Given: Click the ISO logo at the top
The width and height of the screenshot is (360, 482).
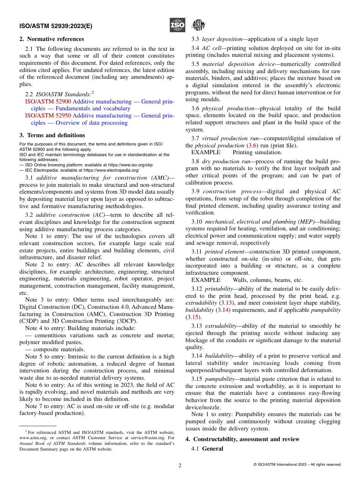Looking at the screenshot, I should (x=177, y=25).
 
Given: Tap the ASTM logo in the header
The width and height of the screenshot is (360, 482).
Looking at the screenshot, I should (x=198, y=25).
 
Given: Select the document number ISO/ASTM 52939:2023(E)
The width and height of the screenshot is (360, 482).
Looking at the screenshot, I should (x=56, y=26).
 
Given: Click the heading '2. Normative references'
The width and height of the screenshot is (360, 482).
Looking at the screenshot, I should (x=52, y=39).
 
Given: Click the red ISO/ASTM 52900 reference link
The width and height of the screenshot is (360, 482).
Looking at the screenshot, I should (x=48, y=102).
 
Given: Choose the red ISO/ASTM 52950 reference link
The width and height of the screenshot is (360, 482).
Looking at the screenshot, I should (x=48, y=116).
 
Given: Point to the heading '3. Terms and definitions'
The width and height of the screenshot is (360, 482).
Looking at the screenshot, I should (x=52, y=135).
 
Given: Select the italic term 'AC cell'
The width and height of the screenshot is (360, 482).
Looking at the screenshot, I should (x=211, y=48).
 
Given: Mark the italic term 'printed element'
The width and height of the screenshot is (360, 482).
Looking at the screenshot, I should (x=222, y=252).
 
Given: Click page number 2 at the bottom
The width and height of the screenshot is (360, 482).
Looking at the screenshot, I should (x=180, y=465).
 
